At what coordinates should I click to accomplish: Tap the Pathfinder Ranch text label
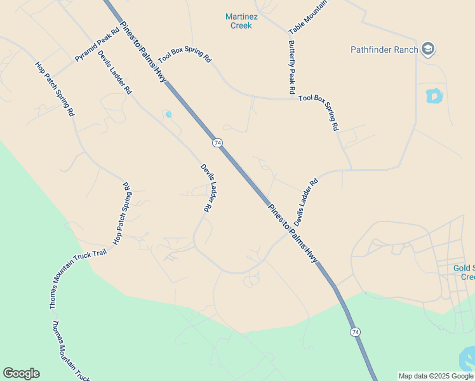[x=384, y=50]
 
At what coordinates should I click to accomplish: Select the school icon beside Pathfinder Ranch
[x=429, y=50]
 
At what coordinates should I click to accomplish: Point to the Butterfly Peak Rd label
[x=291, y=67]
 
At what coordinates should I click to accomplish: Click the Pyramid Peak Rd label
[x=97, y=45]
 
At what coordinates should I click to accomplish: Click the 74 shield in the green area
[x=354, y=331]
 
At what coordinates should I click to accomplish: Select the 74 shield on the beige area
[x=217, y=143]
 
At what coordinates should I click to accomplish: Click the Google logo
[x=21, y=373]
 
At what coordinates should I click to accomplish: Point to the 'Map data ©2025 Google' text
[x=436, y=376]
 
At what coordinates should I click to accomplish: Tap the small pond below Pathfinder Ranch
[x=434, y=96]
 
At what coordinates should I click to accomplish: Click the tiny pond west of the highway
[x=168, y=114]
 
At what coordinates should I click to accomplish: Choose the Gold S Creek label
[x=464, y=272]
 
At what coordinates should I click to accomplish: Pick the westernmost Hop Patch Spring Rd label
[x=55, y=88]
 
